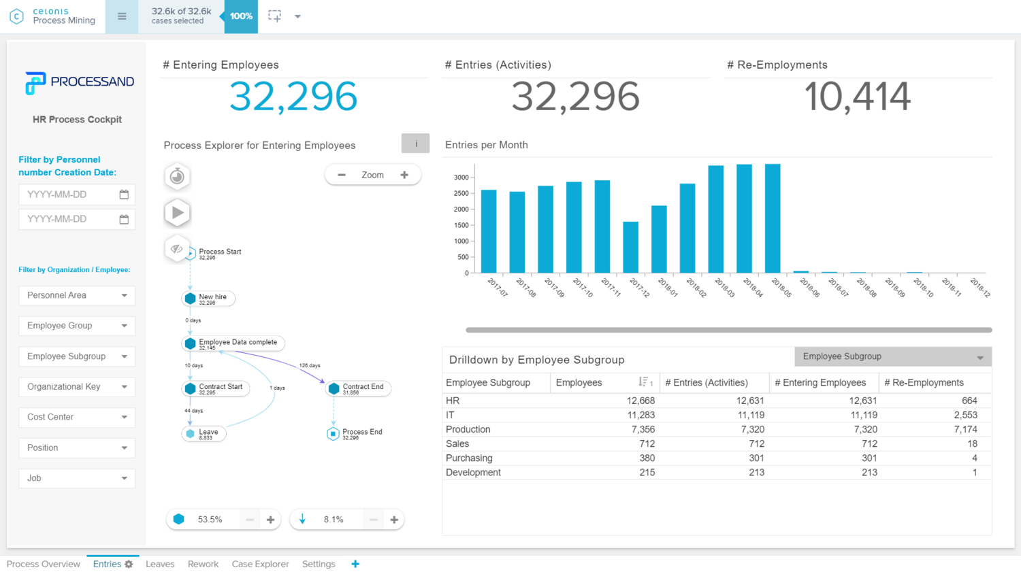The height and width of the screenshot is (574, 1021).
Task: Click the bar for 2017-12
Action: [x=630, y=247]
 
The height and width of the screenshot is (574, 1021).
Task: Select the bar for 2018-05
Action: [x=773, y=218]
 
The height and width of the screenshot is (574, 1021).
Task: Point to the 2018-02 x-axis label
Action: [x=696, y=287]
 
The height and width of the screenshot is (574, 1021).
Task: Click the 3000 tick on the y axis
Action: [x=461, y=178]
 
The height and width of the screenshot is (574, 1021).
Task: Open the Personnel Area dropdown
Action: [x=77, y=295]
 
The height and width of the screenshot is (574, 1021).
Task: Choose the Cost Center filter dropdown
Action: [x=77, y=417]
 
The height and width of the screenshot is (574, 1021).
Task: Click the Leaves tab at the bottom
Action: [x=160, y=564]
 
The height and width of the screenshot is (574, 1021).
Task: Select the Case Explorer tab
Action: [x=260, y=564]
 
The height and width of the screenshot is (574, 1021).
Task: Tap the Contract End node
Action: [x=334, y=388]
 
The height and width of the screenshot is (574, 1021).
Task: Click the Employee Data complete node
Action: [x=191, y=343]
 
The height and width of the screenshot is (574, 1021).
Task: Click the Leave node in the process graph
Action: [x=191, y=433]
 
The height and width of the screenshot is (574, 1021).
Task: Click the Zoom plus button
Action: [x=404, y=175]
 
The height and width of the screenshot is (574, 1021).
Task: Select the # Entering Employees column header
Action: [x=820, y=382]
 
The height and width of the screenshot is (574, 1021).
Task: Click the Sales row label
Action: [x=457, y=443]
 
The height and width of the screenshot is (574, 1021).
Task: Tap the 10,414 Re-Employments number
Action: [x=857, y=97]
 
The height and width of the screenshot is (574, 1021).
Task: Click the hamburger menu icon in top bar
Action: [x=122, y=16]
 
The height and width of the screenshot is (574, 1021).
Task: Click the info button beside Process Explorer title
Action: [x=415, y=143]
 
